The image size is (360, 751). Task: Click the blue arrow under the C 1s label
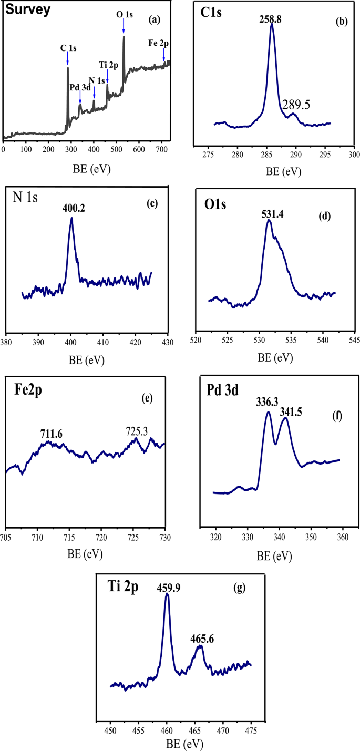pyautogui.click(x=68, y=59)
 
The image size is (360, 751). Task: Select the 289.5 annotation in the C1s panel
pyautogui.click(x=296, y=105)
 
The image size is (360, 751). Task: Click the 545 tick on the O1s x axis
pyautogui.click(x=354, y=341)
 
